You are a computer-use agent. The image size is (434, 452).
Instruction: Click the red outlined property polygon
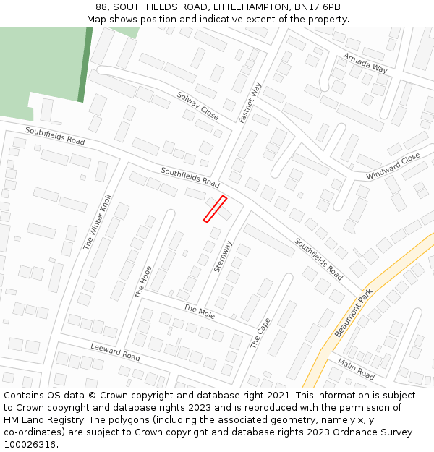(x=215, y=209)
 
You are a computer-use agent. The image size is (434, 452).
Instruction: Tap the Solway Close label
(x=197, y=106)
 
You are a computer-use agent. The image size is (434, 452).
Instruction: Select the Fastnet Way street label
(x=250, y=101)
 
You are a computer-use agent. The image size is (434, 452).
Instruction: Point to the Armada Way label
(x=365, y=63)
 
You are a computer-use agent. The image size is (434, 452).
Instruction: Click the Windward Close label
(x=393, y=166)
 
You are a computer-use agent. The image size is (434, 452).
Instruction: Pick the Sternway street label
(x=223, y=256)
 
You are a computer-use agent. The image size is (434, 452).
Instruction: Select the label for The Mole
(x=199, y=312)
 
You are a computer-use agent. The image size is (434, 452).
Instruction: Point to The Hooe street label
(x=143, y=282)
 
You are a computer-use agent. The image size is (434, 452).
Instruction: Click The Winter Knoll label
(x=98, y=222)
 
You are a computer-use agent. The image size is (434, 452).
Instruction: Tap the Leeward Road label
(x=116, y=352)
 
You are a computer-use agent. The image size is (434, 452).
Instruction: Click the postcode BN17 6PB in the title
(x=316, y=7)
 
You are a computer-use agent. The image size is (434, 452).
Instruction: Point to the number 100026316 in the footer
(x=29, y=445)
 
